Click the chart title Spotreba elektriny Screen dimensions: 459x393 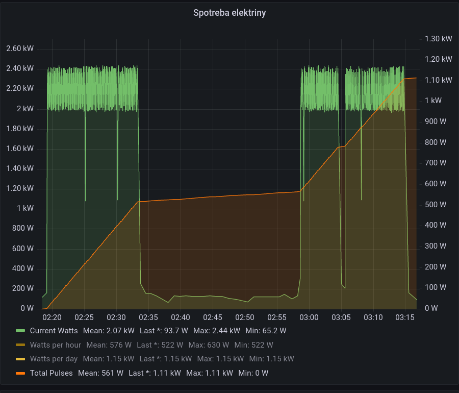(229, 13)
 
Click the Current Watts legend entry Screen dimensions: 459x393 (54, 331)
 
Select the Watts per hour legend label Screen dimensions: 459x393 (55, 345)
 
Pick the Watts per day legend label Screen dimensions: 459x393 (54, 359)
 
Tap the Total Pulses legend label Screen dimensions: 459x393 (51, 373)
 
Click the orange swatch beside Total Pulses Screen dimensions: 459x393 (20, 374)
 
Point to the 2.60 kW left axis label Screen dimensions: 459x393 (20, 48)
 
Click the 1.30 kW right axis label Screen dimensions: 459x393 (438, 39)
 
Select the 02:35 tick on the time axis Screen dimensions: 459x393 (148, 317)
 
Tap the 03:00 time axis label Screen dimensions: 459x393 (309, 317)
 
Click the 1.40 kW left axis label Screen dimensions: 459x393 (20, 168)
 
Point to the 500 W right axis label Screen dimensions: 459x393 (436, 204)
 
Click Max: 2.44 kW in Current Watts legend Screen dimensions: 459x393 (217, 331)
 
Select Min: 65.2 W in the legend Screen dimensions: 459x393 (266, 331)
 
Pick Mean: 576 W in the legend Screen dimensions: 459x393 (109, 345)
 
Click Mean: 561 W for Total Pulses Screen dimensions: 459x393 (100, 373)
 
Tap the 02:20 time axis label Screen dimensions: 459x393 (52, 317)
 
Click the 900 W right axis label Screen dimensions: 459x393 (436, 121)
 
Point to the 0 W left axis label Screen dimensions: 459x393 (27, 308)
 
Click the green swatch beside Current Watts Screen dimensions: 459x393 (20, 331)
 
